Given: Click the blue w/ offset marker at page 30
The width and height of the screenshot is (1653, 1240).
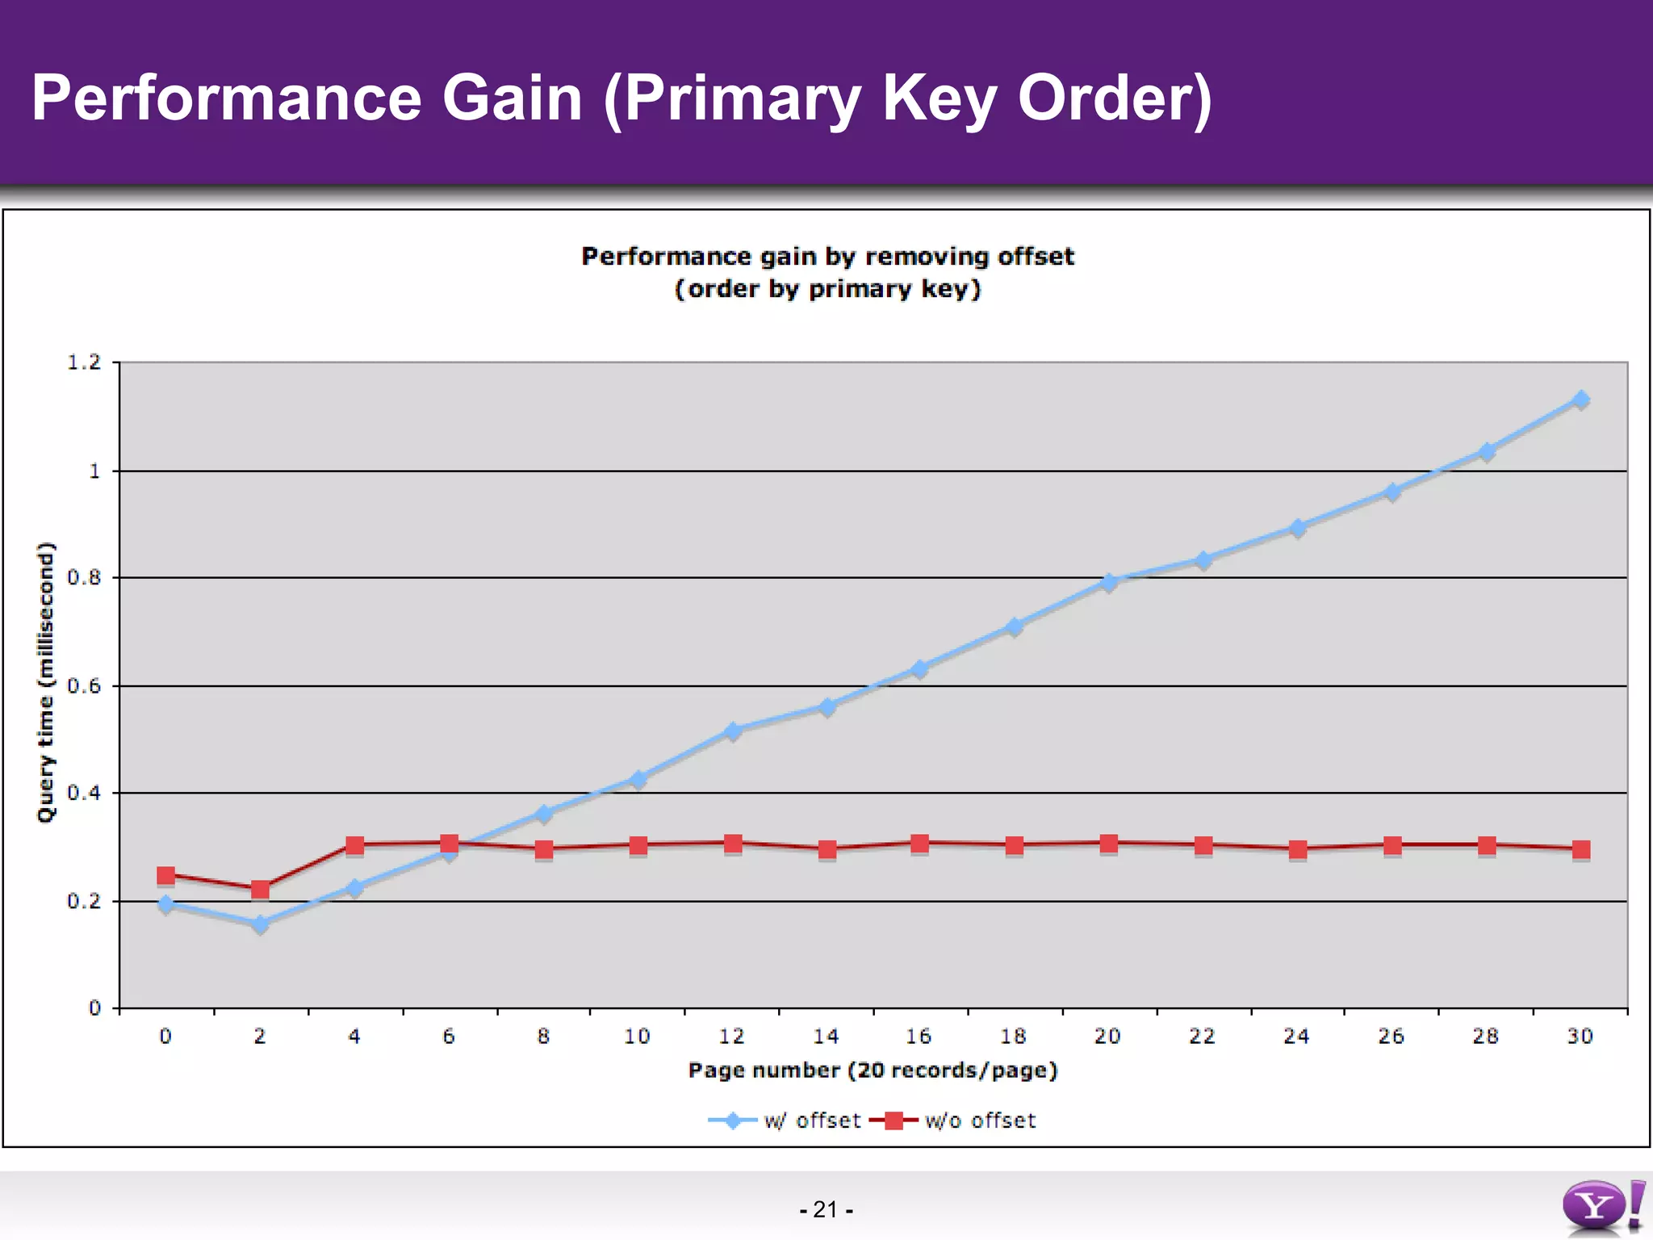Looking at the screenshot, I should pos(1580,400).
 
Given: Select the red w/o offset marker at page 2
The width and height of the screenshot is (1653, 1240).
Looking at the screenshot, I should pos(260,890).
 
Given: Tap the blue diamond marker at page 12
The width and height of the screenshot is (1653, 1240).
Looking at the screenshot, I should pos(732,731).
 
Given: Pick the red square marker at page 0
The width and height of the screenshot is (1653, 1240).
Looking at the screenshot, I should pos(165,875).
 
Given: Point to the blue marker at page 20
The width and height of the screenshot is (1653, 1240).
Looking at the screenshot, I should pos(1109,582).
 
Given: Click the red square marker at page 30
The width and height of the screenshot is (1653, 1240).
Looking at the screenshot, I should pos(1580,849).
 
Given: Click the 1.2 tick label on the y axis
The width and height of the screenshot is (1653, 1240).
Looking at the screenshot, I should pos(84,362).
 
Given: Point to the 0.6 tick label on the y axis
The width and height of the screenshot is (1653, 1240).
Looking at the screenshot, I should pos(84,686).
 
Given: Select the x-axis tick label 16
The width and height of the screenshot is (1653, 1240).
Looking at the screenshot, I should pos(919,1037).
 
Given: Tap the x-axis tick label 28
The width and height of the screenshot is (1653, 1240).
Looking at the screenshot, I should pos(1485,1037).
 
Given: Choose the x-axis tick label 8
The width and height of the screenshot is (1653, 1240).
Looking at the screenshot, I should pos(543,1037).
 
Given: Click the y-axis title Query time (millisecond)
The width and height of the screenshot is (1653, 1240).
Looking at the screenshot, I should pos(47,682).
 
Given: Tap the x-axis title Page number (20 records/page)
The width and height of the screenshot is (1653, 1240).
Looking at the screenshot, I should pos(873,1070).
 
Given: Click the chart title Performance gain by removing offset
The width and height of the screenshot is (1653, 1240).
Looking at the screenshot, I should pos(827,257).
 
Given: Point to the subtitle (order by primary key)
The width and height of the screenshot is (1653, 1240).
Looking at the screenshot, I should pos(827,289).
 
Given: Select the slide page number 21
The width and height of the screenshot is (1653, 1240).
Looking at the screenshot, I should pos(826,1209).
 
